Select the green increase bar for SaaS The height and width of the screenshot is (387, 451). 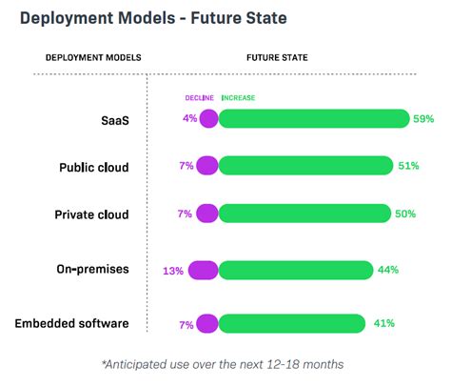[x=314, y=119]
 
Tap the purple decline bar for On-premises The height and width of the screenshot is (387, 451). [x=203, y=271]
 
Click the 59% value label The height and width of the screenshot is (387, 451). [x=423, y=119]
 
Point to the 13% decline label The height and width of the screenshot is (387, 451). [x=173, y=271]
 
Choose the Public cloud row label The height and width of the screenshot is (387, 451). [x=93, y=166]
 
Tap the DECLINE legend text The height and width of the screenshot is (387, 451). [x=199, y=97]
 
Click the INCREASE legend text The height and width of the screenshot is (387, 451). [x=238, y=97]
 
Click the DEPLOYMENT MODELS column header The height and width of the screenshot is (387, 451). [x=93, y=57]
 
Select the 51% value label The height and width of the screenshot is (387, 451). [x=408, y=166]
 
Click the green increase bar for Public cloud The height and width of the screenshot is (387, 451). [x=305, y=166]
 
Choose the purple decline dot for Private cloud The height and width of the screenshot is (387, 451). [x=205, y=214]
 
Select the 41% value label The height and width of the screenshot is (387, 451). [x=383, y=324]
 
